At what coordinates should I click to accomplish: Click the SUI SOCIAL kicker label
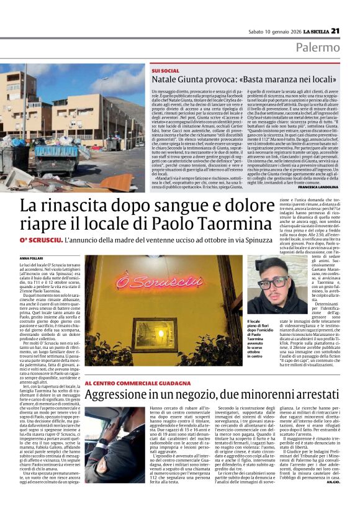[x=165, y=71]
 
